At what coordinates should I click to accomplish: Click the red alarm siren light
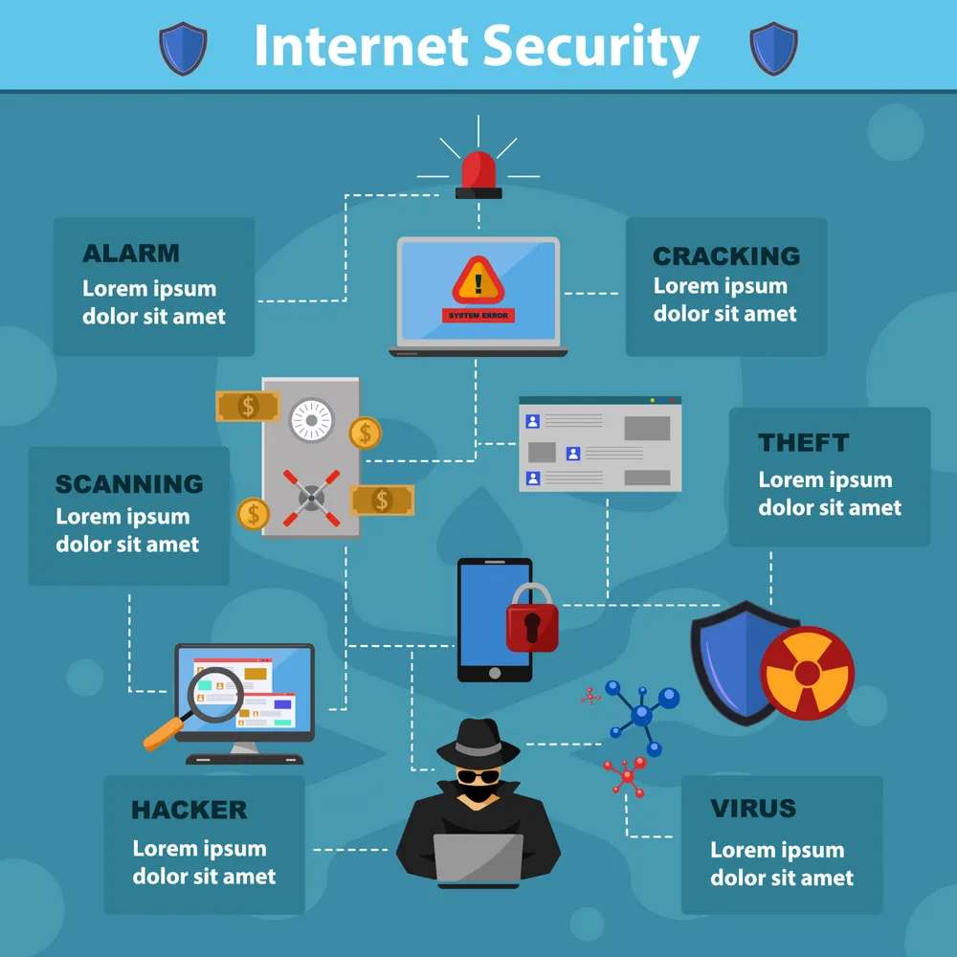478,174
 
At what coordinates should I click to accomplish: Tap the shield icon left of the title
183,49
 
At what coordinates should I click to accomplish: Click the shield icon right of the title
773,49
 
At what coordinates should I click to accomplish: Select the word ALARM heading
131,254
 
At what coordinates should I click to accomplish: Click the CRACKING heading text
726,256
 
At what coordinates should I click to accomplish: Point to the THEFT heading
803,442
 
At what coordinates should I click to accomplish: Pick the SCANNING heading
129,484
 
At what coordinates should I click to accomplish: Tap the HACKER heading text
189,810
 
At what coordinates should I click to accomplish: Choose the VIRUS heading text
753,808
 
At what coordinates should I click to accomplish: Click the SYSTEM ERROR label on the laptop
478,316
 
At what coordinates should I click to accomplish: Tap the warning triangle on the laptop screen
478,280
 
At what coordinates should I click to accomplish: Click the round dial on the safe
311,420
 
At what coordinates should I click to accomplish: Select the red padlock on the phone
532,618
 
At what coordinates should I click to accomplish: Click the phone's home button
495,673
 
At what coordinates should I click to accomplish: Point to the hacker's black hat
478,743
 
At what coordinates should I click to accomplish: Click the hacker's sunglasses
478,776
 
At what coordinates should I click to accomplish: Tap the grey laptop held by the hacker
478,858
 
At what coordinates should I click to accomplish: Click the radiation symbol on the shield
808,673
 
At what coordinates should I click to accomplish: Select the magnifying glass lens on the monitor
215,695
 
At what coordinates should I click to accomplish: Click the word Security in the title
590,48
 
